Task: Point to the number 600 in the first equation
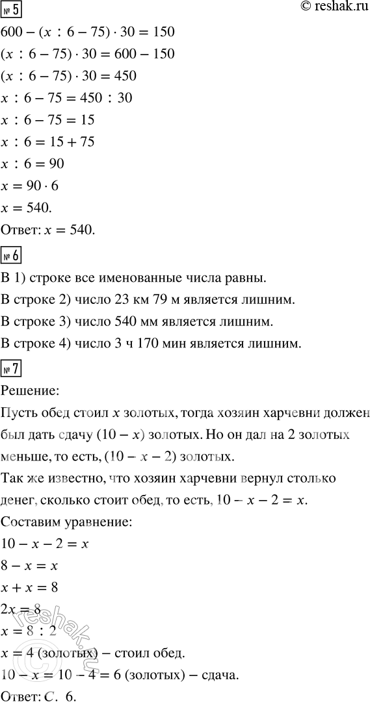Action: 14,32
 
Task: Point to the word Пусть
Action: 19,414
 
